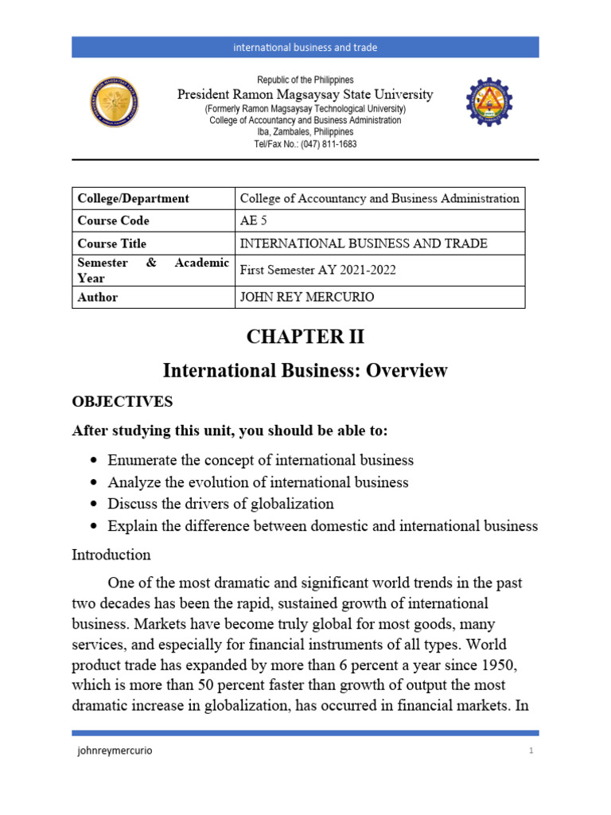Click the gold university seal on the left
pos(114,102)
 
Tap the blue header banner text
pos(305,48)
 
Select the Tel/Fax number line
pos(305,144)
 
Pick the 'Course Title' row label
pos(112,244)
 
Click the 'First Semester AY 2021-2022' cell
pos(317,271)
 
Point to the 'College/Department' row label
pos(133,198)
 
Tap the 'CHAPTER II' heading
pos(305,337)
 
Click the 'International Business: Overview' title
pos(305,370)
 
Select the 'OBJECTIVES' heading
pos(122,402)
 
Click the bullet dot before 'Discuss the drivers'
pos(95,505)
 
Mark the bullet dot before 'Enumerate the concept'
pos(95,461)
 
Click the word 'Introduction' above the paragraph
pos(111,554)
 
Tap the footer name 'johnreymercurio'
pos(110,751)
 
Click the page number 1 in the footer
pos(531,751)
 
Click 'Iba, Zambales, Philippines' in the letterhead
pos(305,132)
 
